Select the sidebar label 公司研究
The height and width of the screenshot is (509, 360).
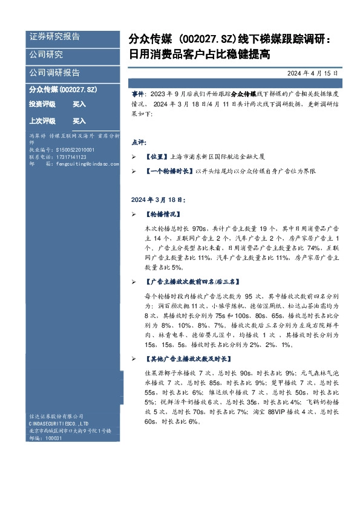point(46,54)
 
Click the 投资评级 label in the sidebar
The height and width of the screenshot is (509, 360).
point(42,105)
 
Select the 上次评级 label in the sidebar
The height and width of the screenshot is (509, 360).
point(42,121)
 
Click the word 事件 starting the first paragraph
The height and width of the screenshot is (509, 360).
point(137,96)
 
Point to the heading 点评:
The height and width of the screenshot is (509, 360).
point(139,144)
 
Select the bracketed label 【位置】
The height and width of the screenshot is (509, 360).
point(159,156)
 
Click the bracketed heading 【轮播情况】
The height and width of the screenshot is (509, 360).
point(163,214)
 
